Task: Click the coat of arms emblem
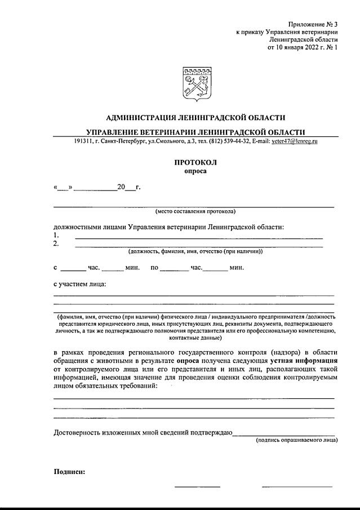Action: pos(195,83)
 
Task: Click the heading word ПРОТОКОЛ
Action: pos(195,162)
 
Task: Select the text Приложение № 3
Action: pos(313,25)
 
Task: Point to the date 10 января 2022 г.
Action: pos(297,48)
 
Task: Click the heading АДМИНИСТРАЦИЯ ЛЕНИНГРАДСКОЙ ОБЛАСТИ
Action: pos(195,118)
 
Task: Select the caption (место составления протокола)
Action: pos(195,211)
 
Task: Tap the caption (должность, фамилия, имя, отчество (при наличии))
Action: pos(195,252)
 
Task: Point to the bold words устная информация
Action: pos(304,359)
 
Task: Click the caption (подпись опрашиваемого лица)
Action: pos(296,440)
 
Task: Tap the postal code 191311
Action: pos(82,141)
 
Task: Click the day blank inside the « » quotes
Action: pos(63,187)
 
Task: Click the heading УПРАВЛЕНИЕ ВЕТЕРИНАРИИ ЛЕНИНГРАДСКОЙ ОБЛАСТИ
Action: pos(195,132)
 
